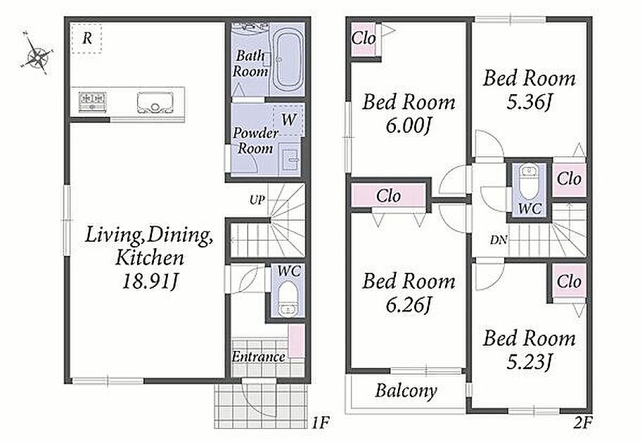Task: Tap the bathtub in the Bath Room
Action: pyautogui.click(x=288, y=60)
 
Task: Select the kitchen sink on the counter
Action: pyautogui.click(x=155, y=103)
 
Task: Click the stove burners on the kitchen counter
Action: pyautogui.click(x=94, y=101)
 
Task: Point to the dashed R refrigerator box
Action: pyautogui.click(x=86, y=38)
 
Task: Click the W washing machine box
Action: pyautogui.click(x=289, y=120)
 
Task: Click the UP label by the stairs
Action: pyautogui.click(x=257, y=200)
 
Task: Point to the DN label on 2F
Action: pyautogui.click(x=499, y=240)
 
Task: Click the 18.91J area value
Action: pyautogui.click(x=150, y=281)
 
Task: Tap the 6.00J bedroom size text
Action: pyautogui.click(x=409, y=126)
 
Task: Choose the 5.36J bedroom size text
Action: pyautogui.click(x=529, y=102)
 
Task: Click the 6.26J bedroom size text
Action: pyautogui.click(x=409, y=304)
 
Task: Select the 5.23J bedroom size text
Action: pyautogui.click(x=529, y=361)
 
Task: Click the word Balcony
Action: pyautogui.click(x=406, y=390)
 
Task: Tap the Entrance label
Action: pyautogui.click(x=258, y=357)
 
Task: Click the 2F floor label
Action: pyautogui.click(x=583, y=422)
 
